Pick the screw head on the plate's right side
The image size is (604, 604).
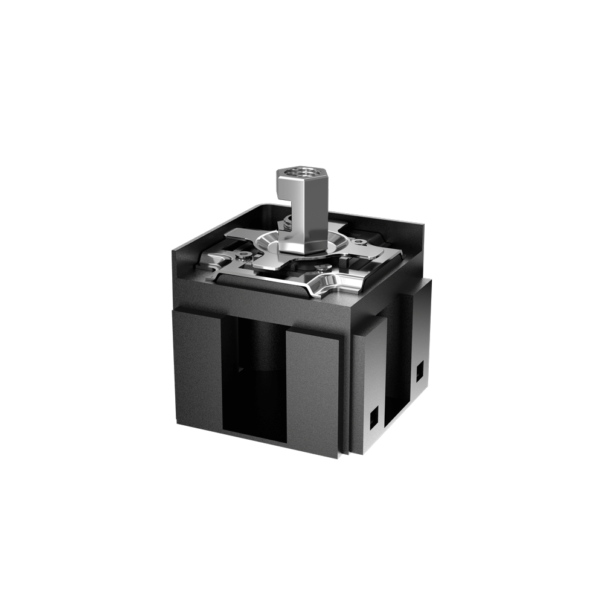[361, 243]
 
